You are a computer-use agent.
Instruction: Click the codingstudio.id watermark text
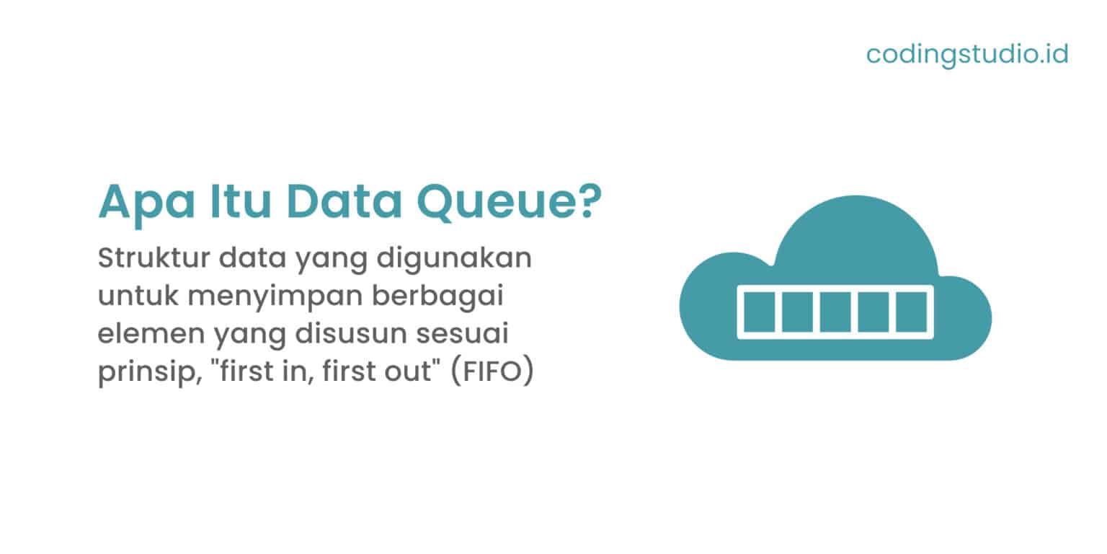(966, 55)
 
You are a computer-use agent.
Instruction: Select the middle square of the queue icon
(835, 312)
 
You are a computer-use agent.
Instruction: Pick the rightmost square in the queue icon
(912, 312)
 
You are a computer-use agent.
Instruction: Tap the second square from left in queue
(797, 312)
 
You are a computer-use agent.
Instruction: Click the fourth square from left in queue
(873, 312)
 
